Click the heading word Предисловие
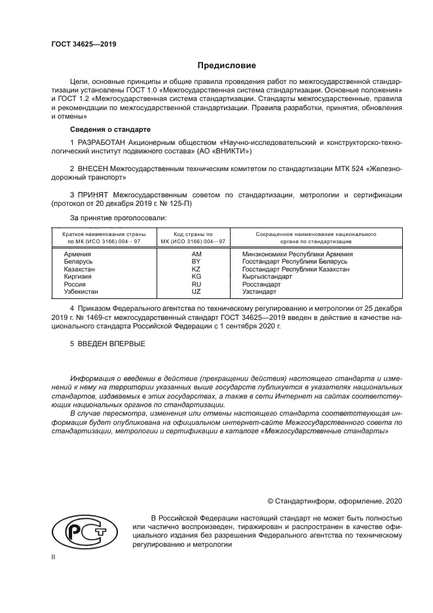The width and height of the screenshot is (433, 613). tap(227, 66)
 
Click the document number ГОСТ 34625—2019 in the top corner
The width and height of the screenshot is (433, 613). tap(79, 45)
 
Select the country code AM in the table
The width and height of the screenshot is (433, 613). tap(195, 253)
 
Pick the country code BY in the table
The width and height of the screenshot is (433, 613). tap(195, 261)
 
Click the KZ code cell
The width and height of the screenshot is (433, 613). tap(195, 269)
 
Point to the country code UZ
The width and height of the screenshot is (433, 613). tap(195, 292)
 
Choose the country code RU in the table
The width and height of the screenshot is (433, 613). tap(195, 285)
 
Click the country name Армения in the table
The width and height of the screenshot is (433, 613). tap(77, 253)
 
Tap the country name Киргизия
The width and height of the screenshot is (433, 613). tap(78, 277)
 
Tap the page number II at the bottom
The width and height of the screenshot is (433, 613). tap(54, 556)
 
